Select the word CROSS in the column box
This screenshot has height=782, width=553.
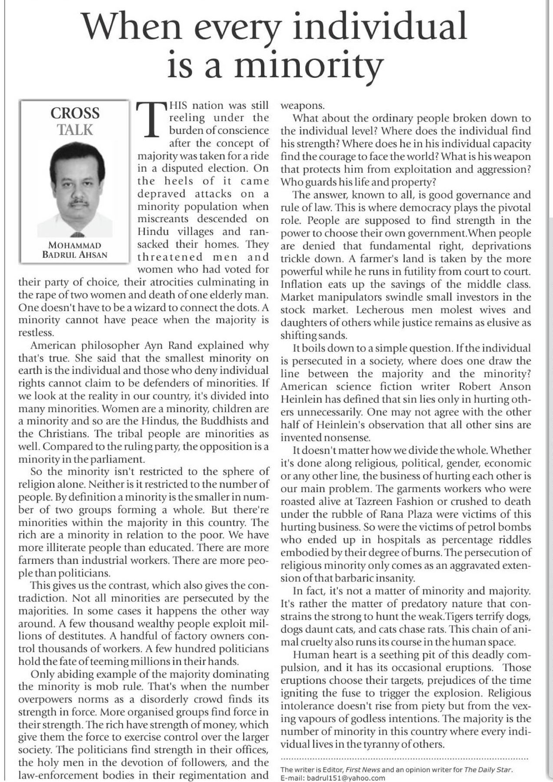click(x=75, y=113)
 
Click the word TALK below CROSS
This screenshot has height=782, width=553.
click(x=76, y=129)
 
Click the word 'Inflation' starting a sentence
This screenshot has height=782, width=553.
click(x=301, y=285)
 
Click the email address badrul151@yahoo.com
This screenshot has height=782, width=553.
click(x=346, y=778)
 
